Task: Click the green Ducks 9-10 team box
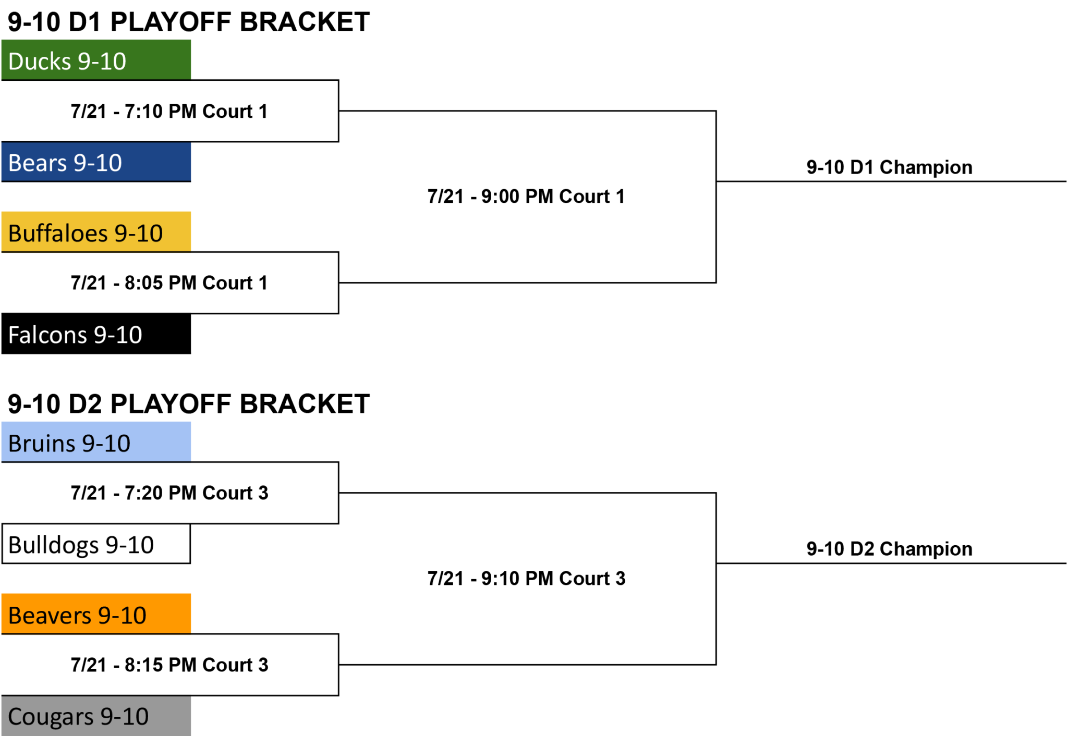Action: click(x=96, y=60)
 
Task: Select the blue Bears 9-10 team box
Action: click(x=96, y=162)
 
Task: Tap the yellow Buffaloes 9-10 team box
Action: click(x=96, y=232)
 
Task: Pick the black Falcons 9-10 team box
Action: click(x=96, y=334)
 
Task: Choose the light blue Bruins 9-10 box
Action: click(x=96, y=442)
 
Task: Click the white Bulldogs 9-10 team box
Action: click(x=96, y=544)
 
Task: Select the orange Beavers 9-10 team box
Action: click(x=96, y=614)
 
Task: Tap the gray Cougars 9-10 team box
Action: click(x=96, y=716)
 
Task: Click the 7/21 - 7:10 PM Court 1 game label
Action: click(x=169, y=111)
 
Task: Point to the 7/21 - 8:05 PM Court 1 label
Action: click(x=169, y=283)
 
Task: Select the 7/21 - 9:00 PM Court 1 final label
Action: click(x=526, y=197)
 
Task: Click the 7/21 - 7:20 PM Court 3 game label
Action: click(x=169, y=493)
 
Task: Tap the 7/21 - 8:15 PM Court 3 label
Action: click(x=169, y=665)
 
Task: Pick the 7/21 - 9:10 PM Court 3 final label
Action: click(x=526, y=578)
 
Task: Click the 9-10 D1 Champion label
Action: click(x=889, y=167)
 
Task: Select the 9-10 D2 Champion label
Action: click(x=889, y=549)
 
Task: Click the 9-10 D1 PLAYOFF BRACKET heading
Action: click(x=189, y=22)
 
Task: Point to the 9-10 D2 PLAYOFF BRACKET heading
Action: click(x=189, y=404)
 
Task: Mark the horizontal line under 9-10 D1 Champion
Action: click(x=891, y=181)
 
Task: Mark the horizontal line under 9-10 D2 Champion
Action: click(x=891, y=563)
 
